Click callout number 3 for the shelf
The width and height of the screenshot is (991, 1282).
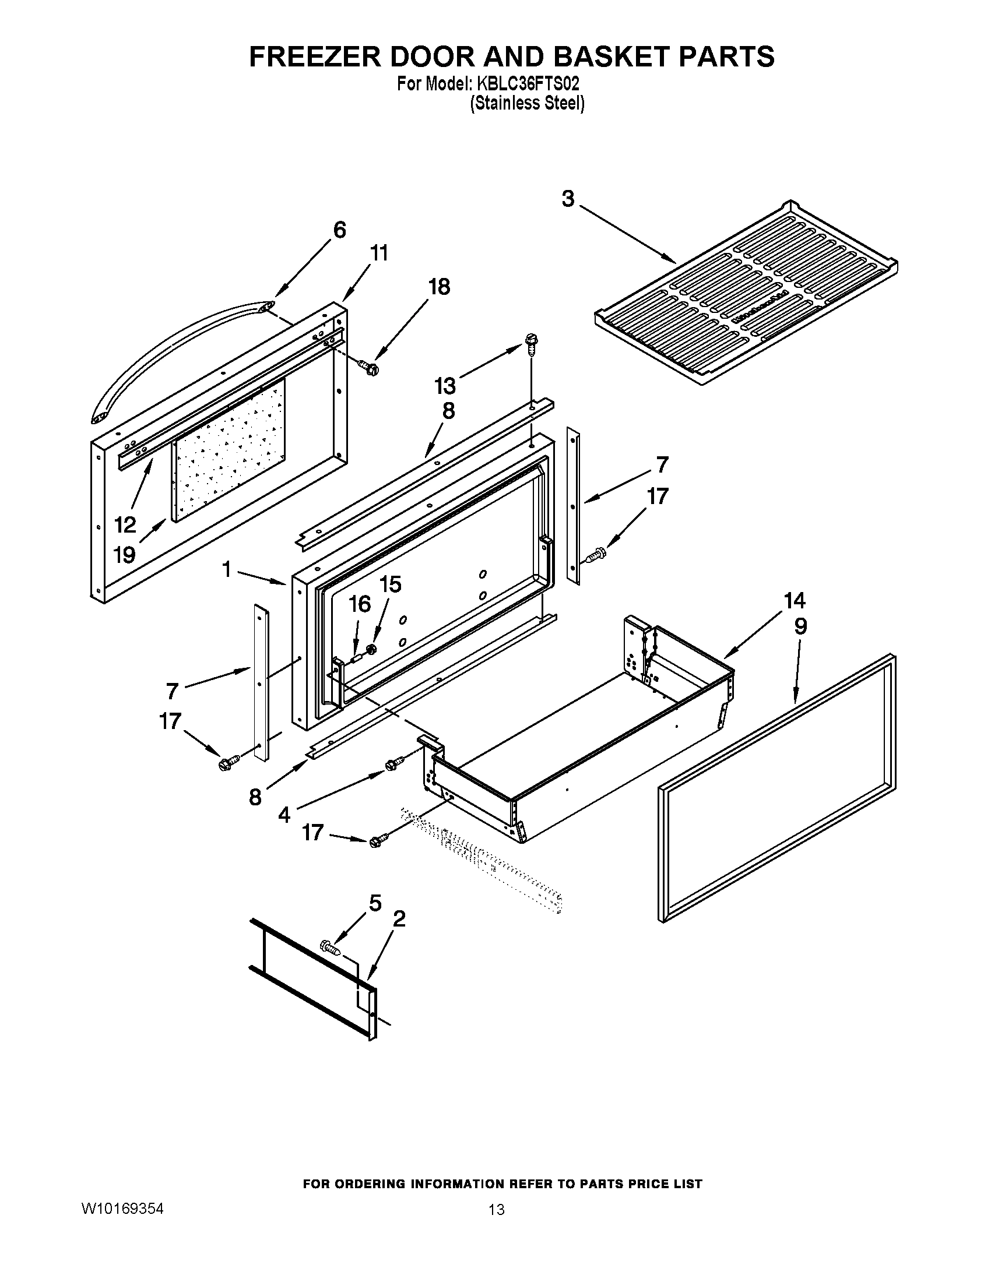[x=568, y=199]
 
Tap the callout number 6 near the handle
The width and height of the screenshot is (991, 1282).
[x=339, y=230]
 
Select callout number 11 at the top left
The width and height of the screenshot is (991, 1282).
[x=379, y=253]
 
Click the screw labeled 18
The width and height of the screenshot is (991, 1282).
[x=370, y=368]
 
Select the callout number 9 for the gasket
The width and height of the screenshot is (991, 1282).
[x=800, y=627]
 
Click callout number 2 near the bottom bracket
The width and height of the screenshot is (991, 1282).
[x=399, y=918]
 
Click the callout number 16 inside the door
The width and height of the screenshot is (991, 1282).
[x=360, y=604]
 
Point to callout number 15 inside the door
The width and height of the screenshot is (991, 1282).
[x=390, y=584]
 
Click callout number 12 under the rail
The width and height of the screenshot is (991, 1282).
[x=125, y=524]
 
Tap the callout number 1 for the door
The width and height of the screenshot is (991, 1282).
[x=227, y=569]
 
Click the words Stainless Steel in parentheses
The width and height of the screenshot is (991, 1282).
[x=526, y=103]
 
